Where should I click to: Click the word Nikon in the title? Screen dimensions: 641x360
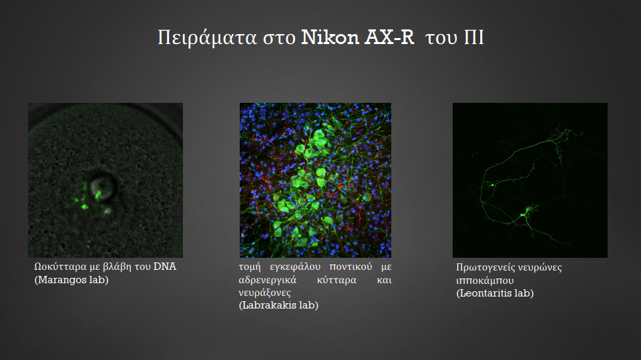click(x=330, y=37)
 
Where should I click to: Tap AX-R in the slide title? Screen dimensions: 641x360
click(x=389, y=37)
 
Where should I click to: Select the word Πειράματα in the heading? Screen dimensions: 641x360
click(x=207, y=38)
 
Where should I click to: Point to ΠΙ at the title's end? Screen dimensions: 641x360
click(x=474, y=37)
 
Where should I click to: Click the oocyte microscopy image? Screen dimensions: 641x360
click(x=105, y=180)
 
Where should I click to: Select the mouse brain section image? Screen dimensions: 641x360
click(x=315, y=180)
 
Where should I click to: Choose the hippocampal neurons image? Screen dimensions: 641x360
click(x=529, y=180)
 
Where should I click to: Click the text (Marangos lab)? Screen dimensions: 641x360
click(x=71, y=280)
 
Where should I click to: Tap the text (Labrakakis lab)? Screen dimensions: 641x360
click(x=278, y=305)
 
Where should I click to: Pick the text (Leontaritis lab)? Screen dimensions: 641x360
click(x=495, y=293)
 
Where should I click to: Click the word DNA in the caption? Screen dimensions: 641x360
click(x=165, y=266)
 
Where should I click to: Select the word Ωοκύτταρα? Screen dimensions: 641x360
click(x=61, y=267)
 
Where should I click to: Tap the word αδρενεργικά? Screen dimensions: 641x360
click(x=268, y=281)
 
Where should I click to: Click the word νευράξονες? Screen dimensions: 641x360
click(x=264, y=293)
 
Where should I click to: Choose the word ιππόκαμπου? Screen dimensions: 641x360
click(x=485, y=281)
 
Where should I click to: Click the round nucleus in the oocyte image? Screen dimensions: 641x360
click(x=102, y=188)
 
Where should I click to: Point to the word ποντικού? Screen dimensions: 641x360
click(x=351, y=266)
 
